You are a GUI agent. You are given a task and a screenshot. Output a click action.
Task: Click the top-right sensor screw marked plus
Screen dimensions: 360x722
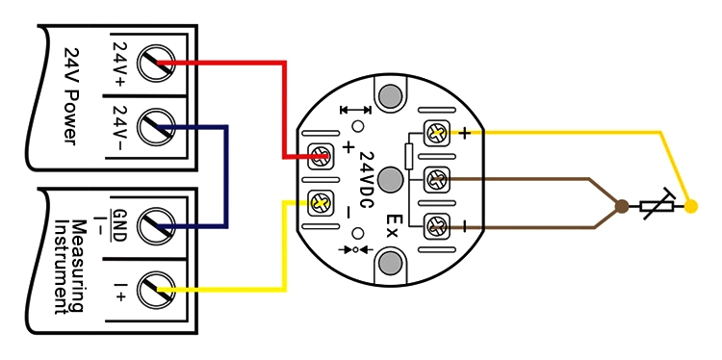point(438,133)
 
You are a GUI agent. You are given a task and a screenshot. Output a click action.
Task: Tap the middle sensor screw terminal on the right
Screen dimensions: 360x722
point(438,179)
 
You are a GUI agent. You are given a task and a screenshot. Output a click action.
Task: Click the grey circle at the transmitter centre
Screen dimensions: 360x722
point(391,179)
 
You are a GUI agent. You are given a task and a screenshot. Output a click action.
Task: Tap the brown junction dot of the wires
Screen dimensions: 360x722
point(622,205)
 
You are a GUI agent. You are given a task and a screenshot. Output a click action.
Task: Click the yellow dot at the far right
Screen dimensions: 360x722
point(691,205)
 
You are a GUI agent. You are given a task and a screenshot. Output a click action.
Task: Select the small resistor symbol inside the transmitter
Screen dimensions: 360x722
point(409,155)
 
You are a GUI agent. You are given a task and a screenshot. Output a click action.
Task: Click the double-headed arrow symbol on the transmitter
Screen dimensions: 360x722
point(355,112)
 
